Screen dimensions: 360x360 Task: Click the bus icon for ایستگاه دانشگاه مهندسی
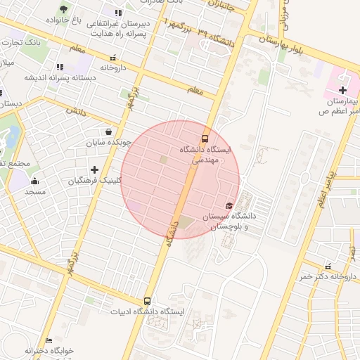point(205,139)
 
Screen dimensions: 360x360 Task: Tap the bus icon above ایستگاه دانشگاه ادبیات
point(147,300)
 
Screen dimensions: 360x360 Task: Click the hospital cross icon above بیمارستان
point(342,89)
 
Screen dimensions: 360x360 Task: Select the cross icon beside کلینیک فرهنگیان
point(94,169)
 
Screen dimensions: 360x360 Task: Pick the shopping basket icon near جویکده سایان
point(108,131)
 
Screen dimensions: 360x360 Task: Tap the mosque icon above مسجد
point(35,181)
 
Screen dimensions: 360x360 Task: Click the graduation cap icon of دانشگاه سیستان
point(229,205)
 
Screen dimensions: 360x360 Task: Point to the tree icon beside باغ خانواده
point(64,9)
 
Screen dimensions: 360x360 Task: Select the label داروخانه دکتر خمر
point(324,276)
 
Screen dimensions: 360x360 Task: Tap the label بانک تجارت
point(22,44)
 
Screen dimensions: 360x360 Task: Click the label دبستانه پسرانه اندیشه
point(51,77)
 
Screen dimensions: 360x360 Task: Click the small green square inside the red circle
point(163,160)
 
